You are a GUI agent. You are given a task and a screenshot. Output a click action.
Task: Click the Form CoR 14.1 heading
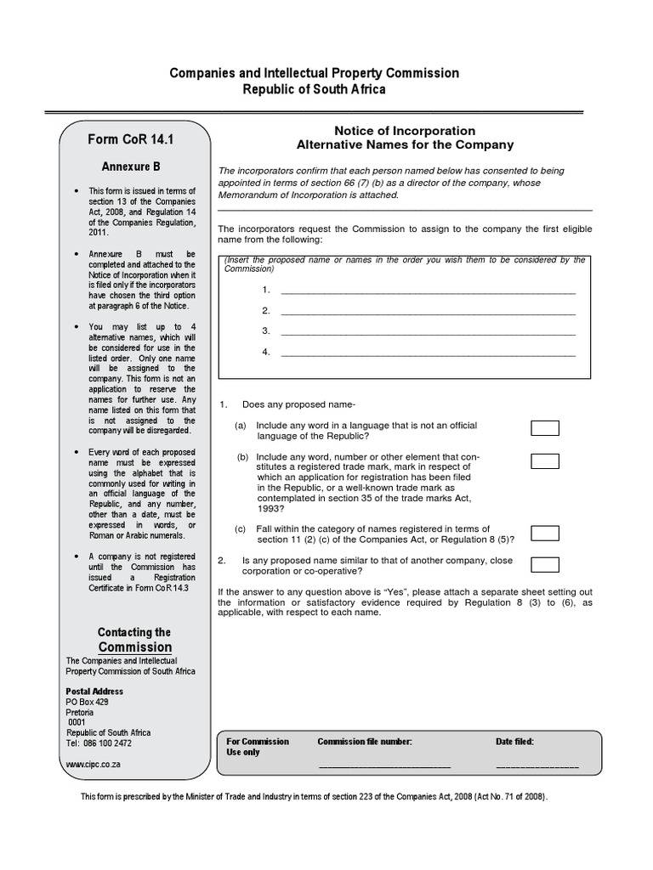[x=136, y=139]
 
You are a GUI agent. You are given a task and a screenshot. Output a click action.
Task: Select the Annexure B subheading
[x=132, y=167]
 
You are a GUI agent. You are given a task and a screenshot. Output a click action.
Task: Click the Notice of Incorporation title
[x=405, y=131]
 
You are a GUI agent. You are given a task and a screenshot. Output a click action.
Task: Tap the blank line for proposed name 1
[x=428, y=291]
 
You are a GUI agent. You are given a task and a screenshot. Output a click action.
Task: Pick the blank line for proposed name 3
[x=428, y=332]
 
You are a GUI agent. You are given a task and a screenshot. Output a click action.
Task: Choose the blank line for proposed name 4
[x=428, y=353]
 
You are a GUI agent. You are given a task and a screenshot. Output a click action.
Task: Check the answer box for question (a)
[x=545, y=428]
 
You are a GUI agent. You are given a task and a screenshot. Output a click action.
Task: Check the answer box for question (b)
[x=545, y=461]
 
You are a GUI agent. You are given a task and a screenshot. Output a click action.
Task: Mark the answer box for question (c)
[x=545, y=534]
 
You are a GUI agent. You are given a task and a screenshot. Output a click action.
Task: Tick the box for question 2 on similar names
[x=545, y=564]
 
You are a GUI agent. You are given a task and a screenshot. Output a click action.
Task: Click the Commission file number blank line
[x=384, y=765]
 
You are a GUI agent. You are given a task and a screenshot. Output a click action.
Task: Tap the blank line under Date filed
[x=537, y=765]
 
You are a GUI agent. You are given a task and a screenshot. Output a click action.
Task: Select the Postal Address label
[x=94, y=692]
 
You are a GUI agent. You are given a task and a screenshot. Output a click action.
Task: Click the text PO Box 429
[x=88, y=703]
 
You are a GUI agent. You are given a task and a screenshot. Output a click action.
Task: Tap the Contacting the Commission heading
[x=133, y=640]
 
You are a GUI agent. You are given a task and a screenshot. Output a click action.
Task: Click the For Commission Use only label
[x=258, y=747]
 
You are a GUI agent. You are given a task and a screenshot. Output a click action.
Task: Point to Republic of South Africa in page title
[x=315, y=89]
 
